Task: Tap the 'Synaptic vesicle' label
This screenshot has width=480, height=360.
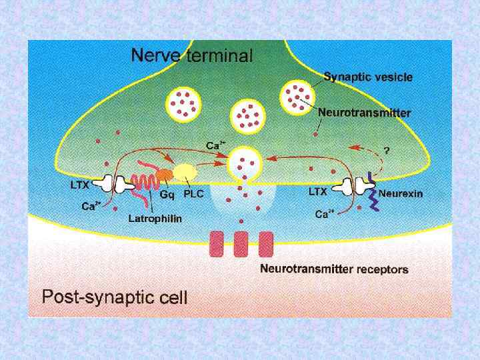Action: [x=368, y=77]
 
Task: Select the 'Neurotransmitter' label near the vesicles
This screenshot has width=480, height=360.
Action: [x=364, y=113]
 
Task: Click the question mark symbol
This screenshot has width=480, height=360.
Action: [x=386, y=150]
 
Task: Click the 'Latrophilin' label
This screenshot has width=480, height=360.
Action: [x=155, y=218]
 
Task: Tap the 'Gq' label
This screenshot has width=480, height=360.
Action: [x=168, y=194]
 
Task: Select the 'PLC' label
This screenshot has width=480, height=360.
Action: [x=193, y=194]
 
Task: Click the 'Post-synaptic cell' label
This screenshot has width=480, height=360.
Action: [x=115, y=296]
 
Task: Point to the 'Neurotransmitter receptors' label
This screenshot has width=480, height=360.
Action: [x=334, y=269]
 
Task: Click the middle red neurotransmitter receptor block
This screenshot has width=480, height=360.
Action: [x=241, y=244]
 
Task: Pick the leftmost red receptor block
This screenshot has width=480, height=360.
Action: [x=217, y=244]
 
